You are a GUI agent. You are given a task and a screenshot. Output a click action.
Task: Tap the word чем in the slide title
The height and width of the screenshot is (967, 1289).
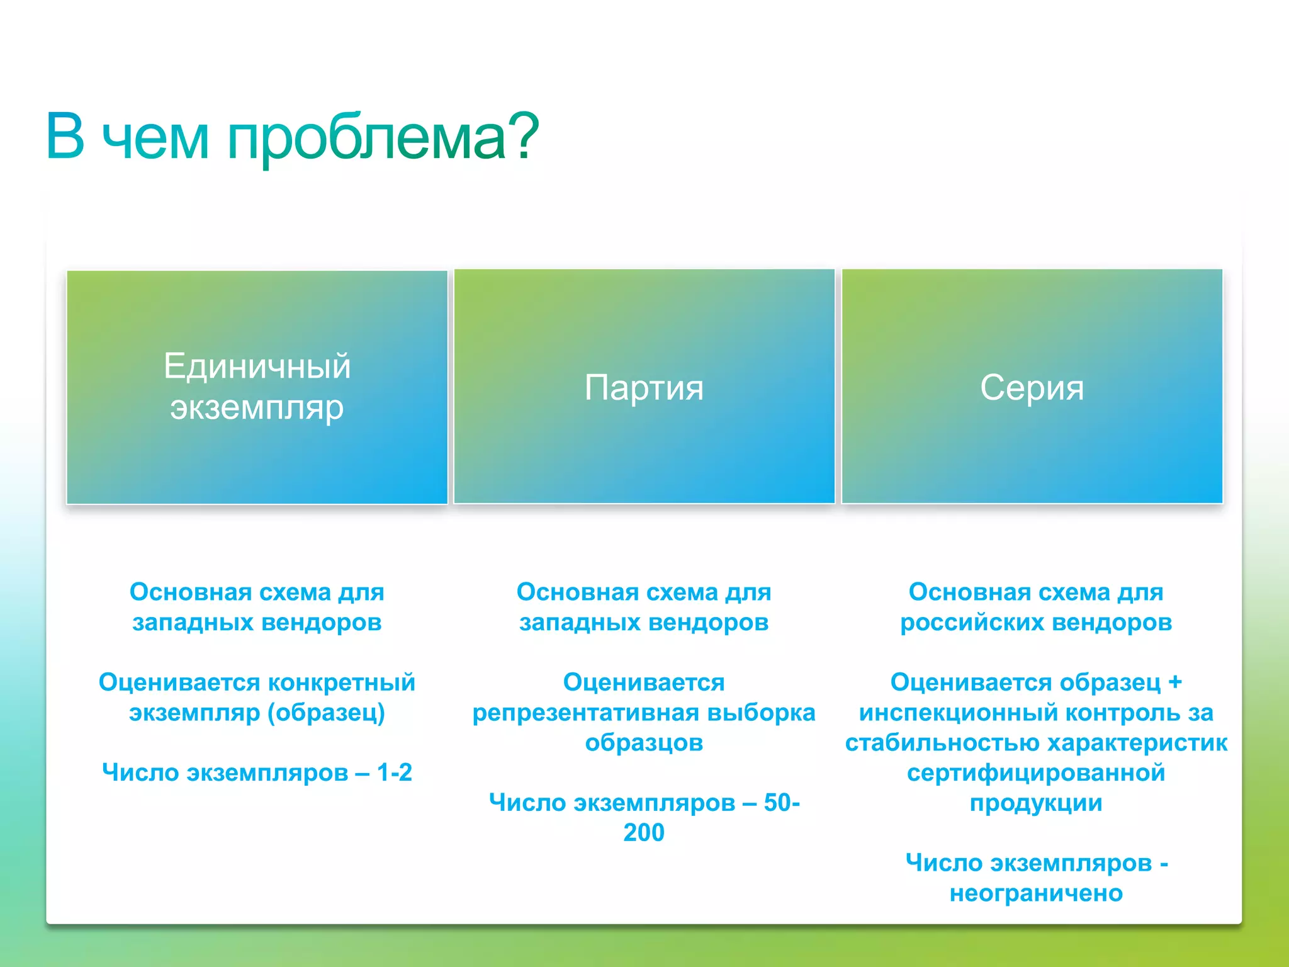[155, 137]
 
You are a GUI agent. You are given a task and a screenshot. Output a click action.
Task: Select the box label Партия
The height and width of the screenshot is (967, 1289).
[644, 387]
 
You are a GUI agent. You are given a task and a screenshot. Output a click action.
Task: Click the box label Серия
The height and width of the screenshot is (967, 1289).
[1032, 387]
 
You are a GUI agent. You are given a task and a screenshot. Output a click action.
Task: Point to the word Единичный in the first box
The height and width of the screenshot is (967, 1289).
[257, 366]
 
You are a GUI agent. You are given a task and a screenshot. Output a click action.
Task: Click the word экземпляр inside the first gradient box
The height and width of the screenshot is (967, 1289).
[257, 407]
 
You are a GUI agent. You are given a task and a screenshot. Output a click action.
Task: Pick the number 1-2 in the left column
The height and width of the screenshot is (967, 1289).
[394, 772]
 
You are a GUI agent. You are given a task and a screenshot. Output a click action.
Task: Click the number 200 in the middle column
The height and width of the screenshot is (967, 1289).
[644, 832]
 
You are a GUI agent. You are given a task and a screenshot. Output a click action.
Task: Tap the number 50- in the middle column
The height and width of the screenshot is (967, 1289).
[781, 803]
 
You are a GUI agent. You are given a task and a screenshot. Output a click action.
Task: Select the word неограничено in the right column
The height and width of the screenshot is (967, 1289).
[1036, 893]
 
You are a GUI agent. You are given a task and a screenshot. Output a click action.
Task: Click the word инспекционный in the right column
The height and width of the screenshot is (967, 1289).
[957, 713]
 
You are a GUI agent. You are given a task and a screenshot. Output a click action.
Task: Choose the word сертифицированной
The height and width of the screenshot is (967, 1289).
[1036, 772]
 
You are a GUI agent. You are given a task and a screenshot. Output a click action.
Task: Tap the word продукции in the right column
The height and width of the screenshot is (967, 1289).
[1036, 803]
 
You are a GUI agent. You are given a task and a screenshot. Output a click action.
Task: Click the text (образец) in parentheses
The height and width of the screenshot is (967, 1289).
[326, 713]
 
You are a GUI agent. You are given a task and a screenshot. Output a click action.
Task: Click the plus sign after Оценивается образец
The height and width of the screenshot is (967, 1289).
[1174, 682]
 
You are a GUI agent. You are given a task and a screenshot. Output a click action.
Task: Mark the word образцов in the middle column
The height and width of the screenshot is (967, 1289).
[644, 743]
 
